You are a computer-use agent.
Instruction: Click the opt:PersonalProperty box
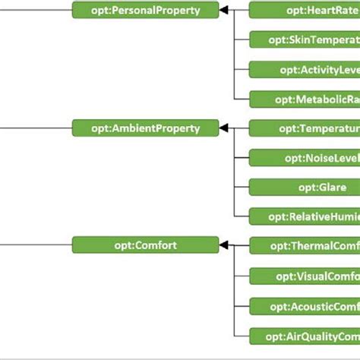(146, 10)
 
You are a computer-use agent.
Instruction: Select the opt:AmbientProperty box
(146, 128)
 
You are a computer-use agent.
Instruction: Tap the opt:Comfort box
(146, 245)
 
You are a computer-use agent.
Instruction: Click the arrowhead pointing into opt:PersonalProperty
(225, 10)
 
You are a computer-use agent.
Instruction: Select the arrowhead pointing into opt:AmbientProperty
(225, 128)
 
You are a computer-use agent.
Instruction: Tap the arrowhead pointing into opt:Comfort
(225, 245)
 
